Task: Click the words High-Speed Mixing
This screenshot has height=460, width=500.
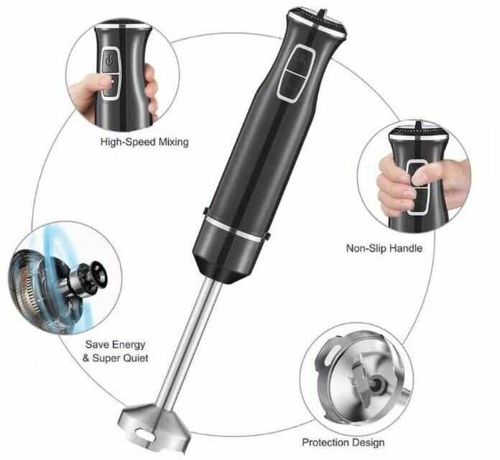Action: pos(144,142)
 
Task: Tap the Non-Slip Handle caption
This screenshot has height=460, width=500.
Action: pos(384,248)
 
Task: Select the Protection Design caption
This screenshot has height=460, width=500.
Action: pos(343,443)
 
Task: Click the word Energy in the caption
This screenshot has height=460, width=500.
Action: pos(129,344)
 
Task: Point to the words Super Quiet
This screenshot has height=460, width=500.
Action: pos(120,358)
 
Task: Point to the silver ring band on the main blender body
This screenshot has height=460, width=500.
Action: pos(233,229)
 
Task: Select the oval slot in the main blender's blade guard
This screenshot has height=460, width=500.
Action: pos(144,434)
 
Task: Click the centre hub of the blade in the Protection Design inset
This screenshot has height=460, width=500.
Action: pos(377,382)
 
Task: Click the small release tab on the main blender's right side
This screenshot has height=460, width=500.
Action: pos(268,236)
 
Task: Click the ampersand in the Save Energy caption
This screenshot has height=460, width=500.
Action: pos(85,358)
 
